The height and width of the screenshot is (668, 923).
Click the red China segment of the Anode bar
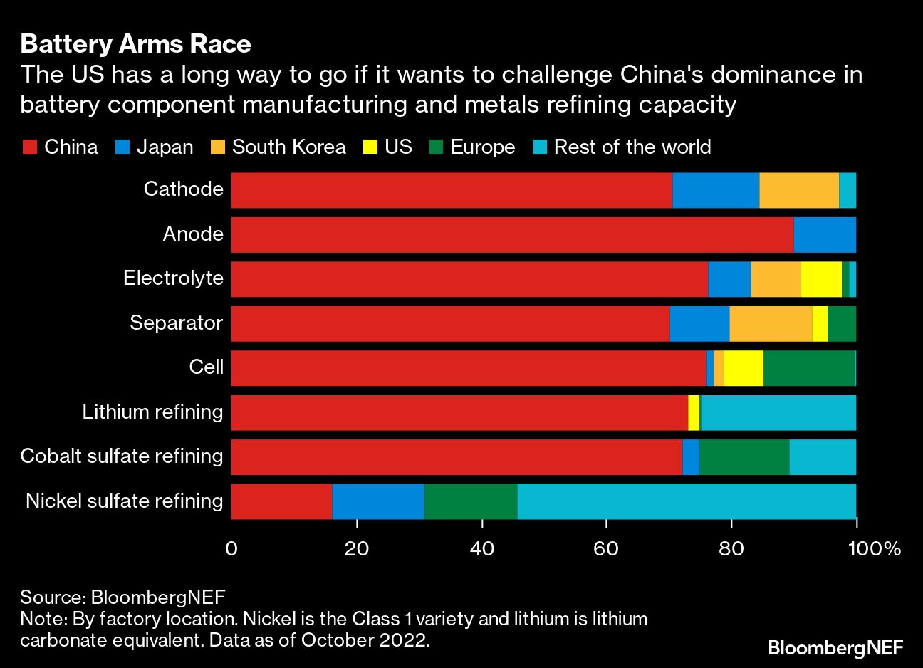[511, 235]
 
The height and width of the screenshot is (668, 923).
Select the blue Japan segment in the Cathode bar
[715, 190]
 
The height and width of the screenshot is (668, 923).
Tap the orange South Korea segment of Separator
[771, 324]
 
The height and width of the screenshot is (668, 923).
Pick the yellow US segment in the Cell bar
[744, 368]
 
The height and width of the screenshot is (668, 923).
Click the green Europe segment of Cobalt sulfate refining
[744, 457]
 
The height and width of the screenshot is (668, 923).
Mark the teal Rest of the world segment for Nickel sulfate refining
[686, 501]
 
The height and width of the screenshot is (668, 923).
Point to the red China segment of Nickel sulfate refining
[281, 501]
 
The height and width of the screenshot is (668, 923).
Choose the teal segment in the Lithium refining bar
[778, 413]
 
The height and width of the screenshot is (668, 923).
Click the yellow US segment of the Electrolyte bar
[821, 279]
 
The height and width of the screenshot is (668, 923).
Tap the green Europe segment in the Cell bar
[808, 368]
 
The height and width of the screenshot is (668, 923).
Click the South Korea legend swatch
[218, 147]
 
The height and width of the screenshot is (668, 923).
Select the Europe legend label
[482, 147]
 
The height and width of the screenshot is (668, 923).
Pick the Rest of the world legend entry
[632, 147]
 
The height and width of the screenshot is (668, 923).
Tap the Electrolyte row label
[173, 278]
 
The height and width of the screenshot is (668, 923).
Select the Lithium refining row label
[152, 412]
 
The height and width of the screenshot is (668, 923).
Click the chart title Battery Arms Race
[135, 44]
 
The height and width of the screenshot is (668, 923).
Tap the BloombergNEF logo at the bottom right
[835, 647]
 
